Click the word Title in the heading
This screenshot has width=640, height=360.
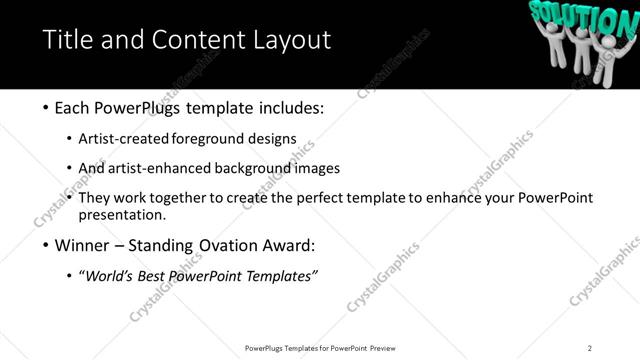click(x=68, y=41)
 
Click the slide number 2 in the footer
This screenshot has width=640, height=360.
click(x=590, y=348)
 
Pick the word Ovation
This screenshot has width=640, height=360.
click(x=236, y=245)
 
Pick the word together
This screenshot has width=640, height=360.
click(x=179, y=198)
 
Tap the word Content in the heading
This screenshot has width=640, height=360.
click(x=193, y=41)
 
